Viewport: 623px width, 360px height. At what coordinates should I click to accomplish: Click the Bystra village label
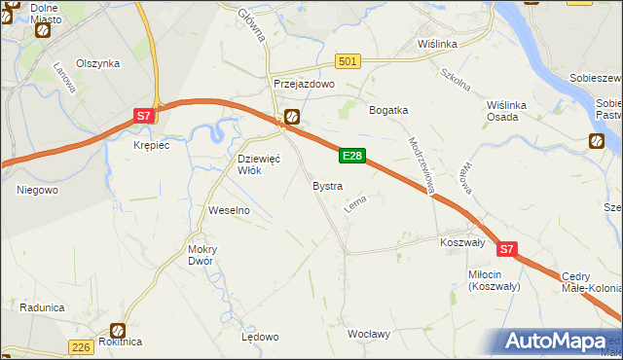point(327,185)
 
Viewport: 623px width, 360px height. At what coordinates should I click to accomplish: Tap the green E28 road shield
point(352,156)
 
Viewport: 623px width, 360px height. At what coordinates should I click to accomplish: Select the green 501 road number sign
point(348,61)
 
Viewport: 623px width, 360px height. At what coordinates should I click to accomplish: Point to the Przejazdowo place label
point(304,85)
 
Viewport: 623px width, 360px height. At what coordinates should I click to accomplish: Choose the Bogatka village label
point(387,110)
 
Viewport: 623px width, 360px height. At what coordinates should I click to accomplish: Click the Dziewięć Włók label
point(260,164)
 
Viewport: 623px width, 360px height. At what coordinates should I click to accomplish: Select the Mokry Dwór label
point(202,255)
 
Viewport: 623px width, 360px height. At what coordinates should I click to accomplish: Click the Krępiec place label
point(151,145)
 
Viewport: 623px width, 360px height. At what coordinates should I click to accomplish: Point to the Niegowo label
point(37,190)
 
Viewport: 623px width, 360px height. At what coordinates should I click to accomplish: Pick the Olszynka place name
point(97,63)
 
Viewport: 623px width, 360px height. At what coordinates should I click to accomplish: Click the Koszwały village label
point(462,242)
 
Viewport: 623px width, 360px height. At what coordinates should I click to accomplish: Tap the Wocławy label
point(369,334)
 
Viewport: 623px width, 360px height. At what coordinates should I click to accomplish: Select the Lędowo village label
point(260,337)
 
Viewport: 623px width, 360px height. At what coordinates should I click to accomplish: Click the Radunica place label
point(41,307)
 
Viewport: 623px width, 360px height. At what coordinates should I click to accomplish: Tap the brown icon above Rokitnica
point(118,330)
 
